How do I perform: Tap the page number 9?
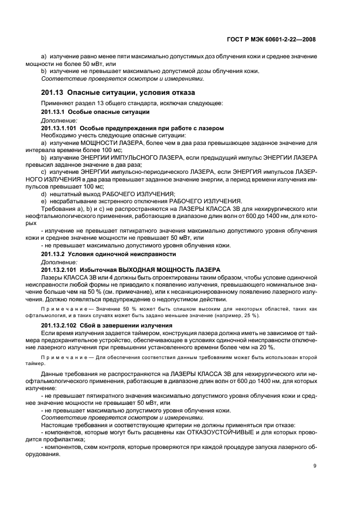(315, 466)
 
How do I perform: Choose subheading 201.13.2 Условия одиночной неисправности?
(108, 254)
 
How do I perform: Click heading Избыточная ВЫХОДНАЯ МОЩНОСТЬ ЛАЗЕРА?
(150, 270)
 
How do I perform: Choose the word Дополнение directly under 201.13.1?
(59, 120)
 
